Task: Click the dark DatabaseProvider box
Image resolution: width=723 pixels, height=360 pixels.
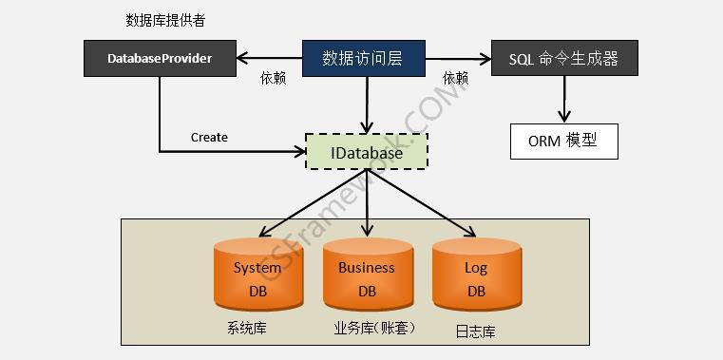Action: point(160,59)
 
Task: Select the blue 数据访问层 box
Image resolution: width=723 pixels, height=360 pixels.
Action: point(363,59)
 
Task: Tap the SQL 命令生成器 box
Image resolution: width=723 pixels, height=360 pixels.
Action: point(564,59)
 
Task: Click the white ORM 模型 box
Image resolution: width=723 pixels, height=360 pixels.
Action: point(563,141)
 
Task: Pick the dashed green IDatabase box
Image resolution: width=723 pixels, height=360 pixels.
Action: point(367,152)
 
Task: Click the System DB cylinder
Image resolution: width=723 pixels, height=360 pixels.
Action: point(257,275)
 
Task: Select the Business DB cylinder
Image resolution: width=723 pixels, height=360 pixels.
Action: point(367,275)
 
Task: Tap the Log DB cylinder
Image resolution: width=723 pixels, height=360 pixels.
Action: point(476,275)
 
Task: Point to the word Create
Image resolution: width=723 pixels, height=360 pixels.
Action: point(209,137)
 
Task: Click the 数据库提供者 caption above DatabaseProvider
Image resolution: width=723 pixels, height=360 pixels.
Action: point(165,20)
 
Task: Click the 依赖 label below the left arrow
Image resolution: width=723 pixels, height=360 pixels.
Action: point(273,79)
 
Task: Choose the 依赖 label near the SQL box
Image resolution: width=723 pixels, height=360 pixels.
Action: point(455,79)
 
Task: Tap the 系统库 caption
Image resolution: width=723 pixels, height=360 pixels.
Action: point(245,329)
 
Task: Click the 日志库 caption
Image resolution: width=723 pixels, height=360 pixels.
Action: point(476,332)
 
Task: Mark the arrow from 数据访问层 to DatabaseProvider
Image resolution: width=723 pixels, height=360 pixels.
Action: point(270,59)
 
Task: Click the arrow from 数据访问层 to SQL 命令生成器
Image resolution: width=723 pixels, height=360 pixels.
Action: point(457,59)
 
